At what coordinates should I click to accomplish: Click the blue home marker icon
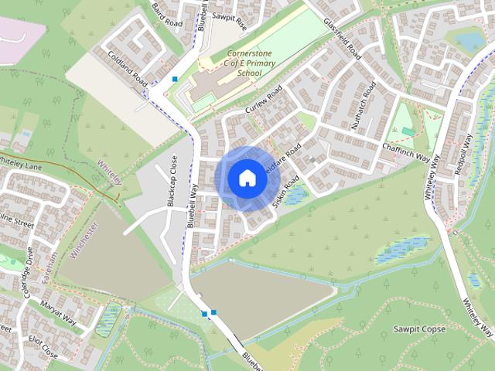tap(247, 178)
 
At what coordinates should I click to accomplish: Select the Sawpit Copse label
tap(418, 329)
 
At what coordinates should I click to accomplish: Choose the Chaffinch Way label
tap(405, 151)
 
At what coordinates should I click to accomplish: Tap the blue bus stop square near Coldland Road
tap(176, 79)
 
